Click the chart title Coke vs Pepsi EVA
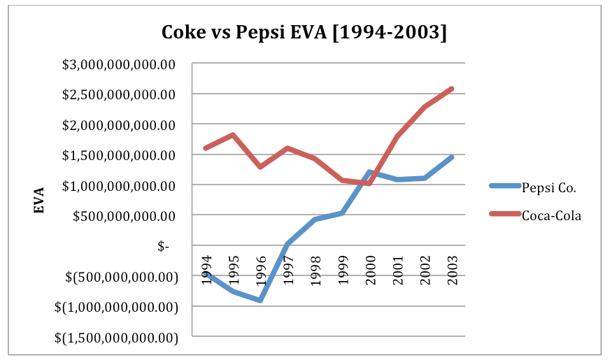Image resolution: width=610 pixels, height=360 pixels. pos(304,32)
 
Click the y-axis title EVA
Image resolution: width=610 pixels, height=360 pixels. pos(40,199)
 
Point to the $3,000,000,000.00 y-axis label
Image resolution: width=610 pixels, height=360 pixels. pos(118,64)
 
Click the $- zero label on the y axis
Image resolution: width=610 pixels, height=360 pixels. pos(162,247)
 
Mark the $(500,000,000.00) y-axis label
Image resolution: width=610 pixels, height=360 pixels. pos(118,278)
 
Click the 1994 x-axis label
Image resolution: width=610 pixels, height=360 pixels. pos(206,269)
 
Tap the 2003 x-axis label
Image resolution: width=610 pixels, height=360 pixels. pos(452,269)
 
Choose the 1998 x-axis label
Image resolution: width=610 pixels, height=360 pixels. pos(315,269)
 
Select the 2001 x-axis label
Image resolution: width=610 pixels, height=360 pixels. pos(397,269)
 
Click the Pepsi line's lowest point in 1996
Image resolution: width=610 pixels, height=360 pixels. pos(260,300)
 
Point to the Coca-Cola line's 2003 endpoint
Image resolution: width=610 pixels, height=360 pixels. pos(452,89)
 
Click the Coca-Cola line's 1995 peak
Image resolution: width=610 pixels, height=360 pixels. pos(233,135)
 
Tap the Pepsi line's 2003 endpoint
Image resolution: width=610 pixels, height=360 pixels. pos(452,157)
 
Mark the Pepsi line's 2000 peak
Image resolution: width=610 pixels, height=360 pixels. pos(369,172)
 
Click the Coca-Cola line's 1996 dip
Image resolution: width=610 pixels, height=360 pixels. pos(260,167)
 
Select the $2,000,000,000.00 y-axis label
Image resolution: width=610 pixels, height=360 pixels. pos(118,125)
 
